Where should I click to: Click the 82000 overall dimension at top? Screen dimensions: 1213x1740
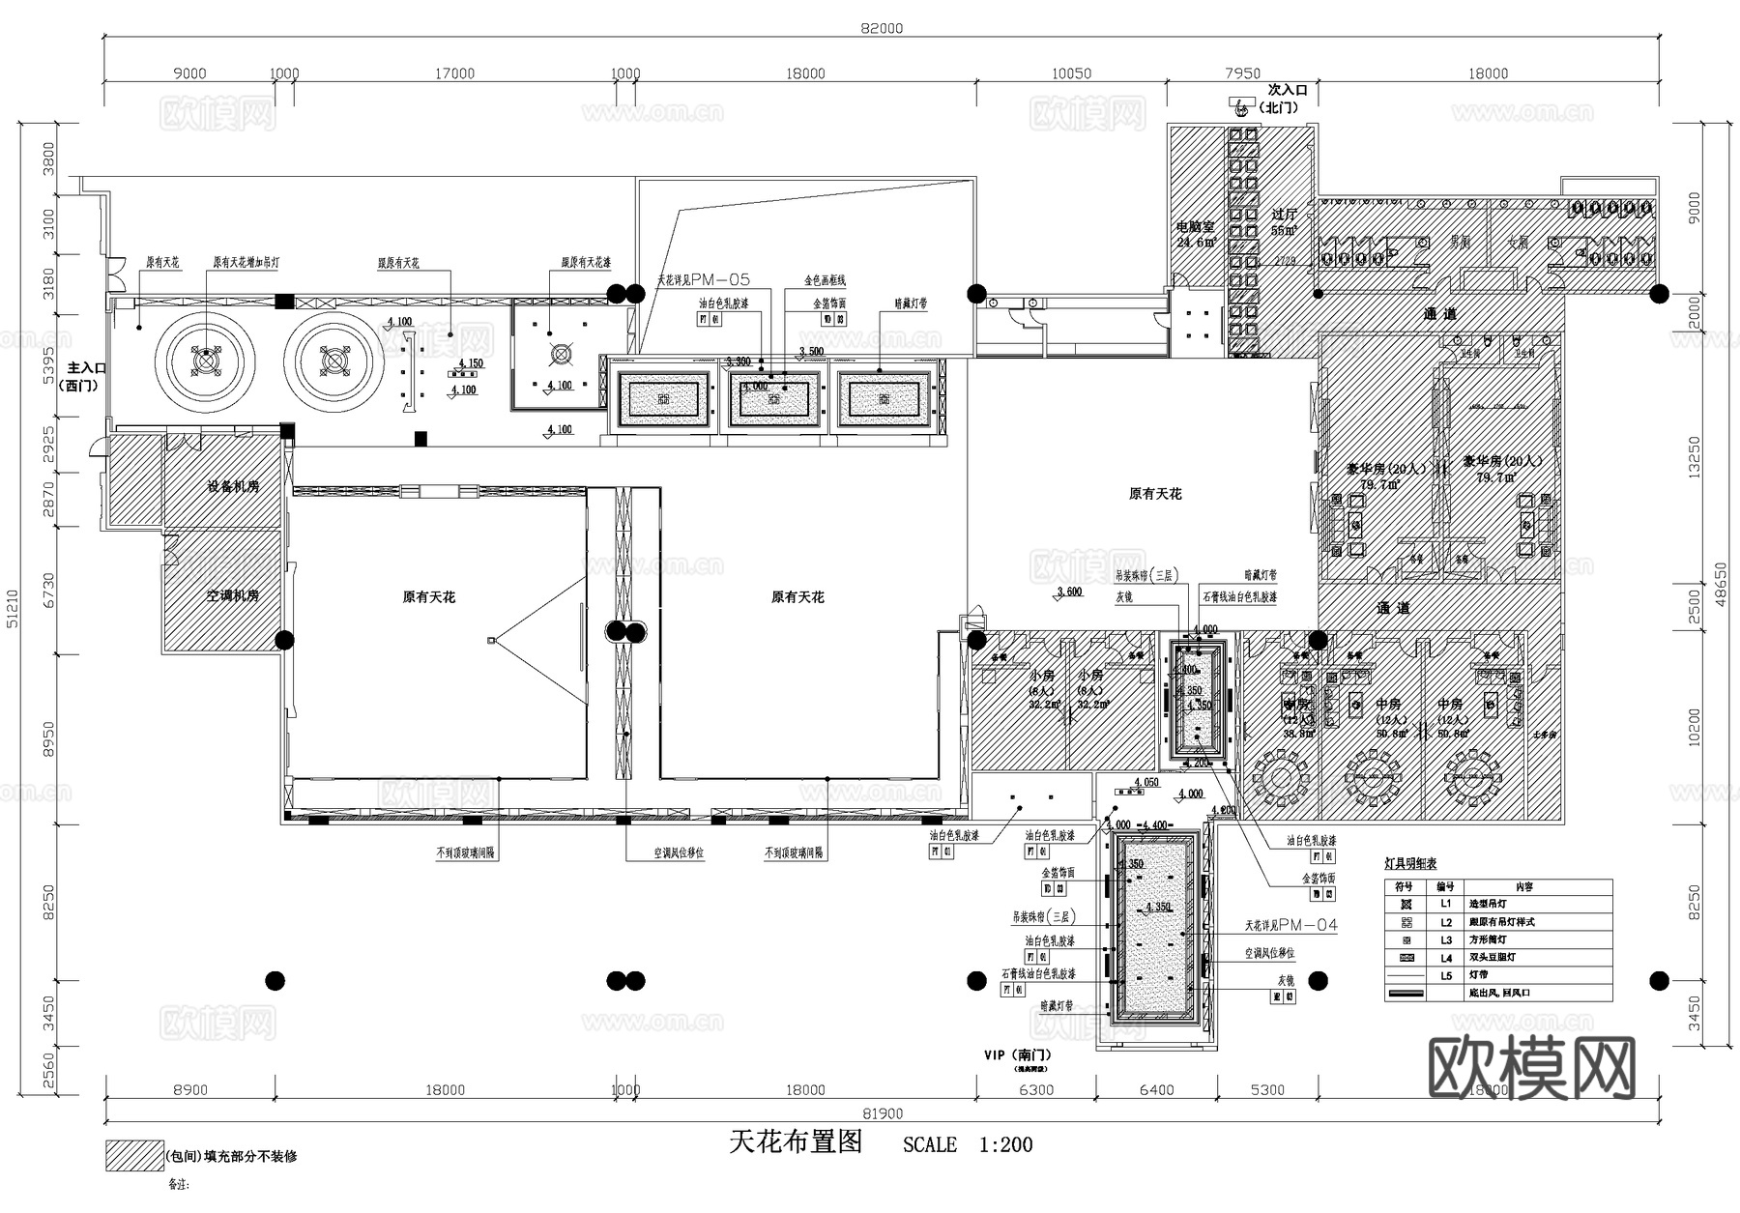pyautogui.click(x=882, y=28)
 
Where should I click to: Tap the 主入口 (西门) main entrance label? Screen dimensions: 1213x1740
pyautogui.click(x=86, y=376)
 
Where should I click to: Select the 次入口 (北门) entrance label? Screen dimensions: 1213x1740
pyautogui.click(x=1287, y=99)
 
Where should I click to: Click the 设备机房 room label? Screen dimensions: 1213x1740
pyautogui.click(x=233, y=486)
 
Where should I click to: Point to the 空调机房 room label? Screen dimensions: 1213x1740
pyautogui.click(x=233, y=595)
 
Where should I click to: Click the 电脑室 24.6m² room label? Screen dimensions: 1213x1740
pyautogui.click(x=1196, y=234)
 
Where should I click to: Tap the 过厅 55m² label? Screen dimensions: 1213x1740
pyautogui.click(x=1285, y=222)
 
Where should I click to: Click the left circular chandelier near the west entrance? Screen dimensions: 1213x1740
pyautogui.click(x=206, y=361)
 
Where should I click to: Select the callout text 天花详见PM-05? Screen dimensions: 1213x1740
pyautogui.click(x=703, y=280)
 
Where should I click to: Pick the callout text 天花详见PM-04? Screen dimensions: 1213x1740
pyautogui.click(x=1291, y=926)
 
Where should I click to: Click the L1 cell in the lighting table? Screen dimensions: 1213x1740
pyautogui.click(x=1445, y=904)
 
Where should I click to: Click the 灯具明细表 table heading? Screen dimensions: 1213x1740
pyautogui.click(x=1410, y=863)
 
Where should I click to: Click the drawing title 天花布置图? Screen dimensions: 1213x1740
pyautogui.click(x=796, y=1142)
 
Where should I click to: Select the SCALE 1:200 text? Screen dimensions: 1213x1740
pyautogui.click(x=968, y=1145)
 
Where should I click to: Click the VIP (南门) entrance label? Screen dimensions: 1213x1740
pyautogui.click(x=1017, y=1054)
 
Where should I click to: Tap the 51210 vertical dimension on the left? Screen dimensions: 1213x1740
pyautogui.click(x=13, y=608)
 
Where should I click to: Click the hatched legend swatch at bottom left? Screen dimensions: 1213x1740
pyautogui.click(x=134, y=1156)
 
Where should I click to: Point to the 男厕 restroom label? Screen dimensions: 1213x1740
pyautogui.click(x=1460, y=242)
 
